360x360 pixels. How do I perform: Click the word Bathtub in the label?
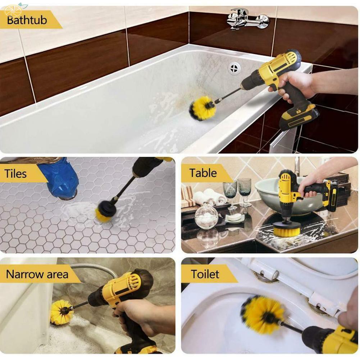[x=27, y=20]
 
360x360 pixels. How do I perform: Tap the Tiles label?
[x=16, y=174]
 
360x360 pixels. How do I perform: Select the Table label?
[x=203, y=173]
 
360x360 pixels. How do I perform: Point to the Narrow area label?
[x=37, y=274]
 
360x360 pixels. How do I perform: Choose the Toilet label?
[x=205, y=274]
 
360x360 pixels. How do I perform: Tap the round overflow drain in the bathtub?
[x=234, y=68]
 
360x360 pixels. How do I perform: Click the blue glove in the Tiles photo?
[x=61, y=178]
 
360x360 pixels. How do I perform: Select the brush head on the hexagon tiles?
[x=106, y=211]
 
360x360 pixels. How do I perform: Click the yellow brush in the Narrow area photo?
[x=62, y=311]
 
